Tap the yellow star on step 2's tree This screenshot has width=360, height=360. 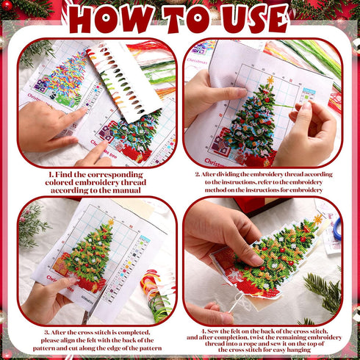[270, 79]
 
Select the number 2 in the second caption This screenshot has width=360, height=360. [197, 175]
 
